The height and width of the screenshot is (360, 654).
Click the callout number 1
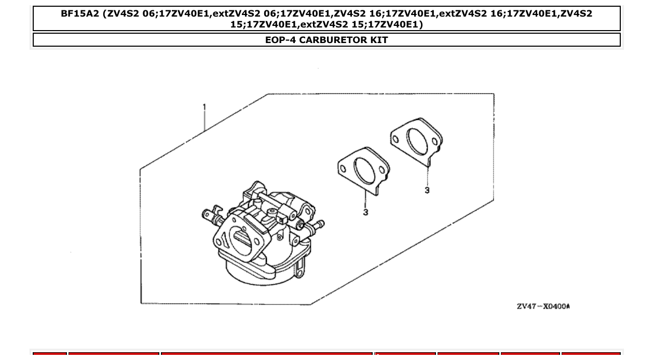[x=204, y=107]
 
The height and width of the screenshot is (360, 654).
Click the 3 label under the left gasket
[x=365, y=212]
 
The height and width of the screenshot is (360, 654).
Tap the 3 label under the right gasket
[x=427, y=190]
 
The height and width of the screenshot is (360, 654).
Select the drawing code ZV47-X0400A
[x=543, y=306]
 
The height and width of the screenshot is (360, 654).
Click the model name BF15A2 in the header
[x=79, y=14]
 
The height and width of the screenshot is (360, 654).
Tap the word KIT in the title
[x=378, y=40]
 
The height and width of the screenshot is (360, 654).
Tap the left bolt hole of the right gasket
[x=396, y=139]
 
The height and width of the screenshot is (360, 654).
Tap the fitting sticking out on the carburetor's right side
[x=318, y=225]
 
